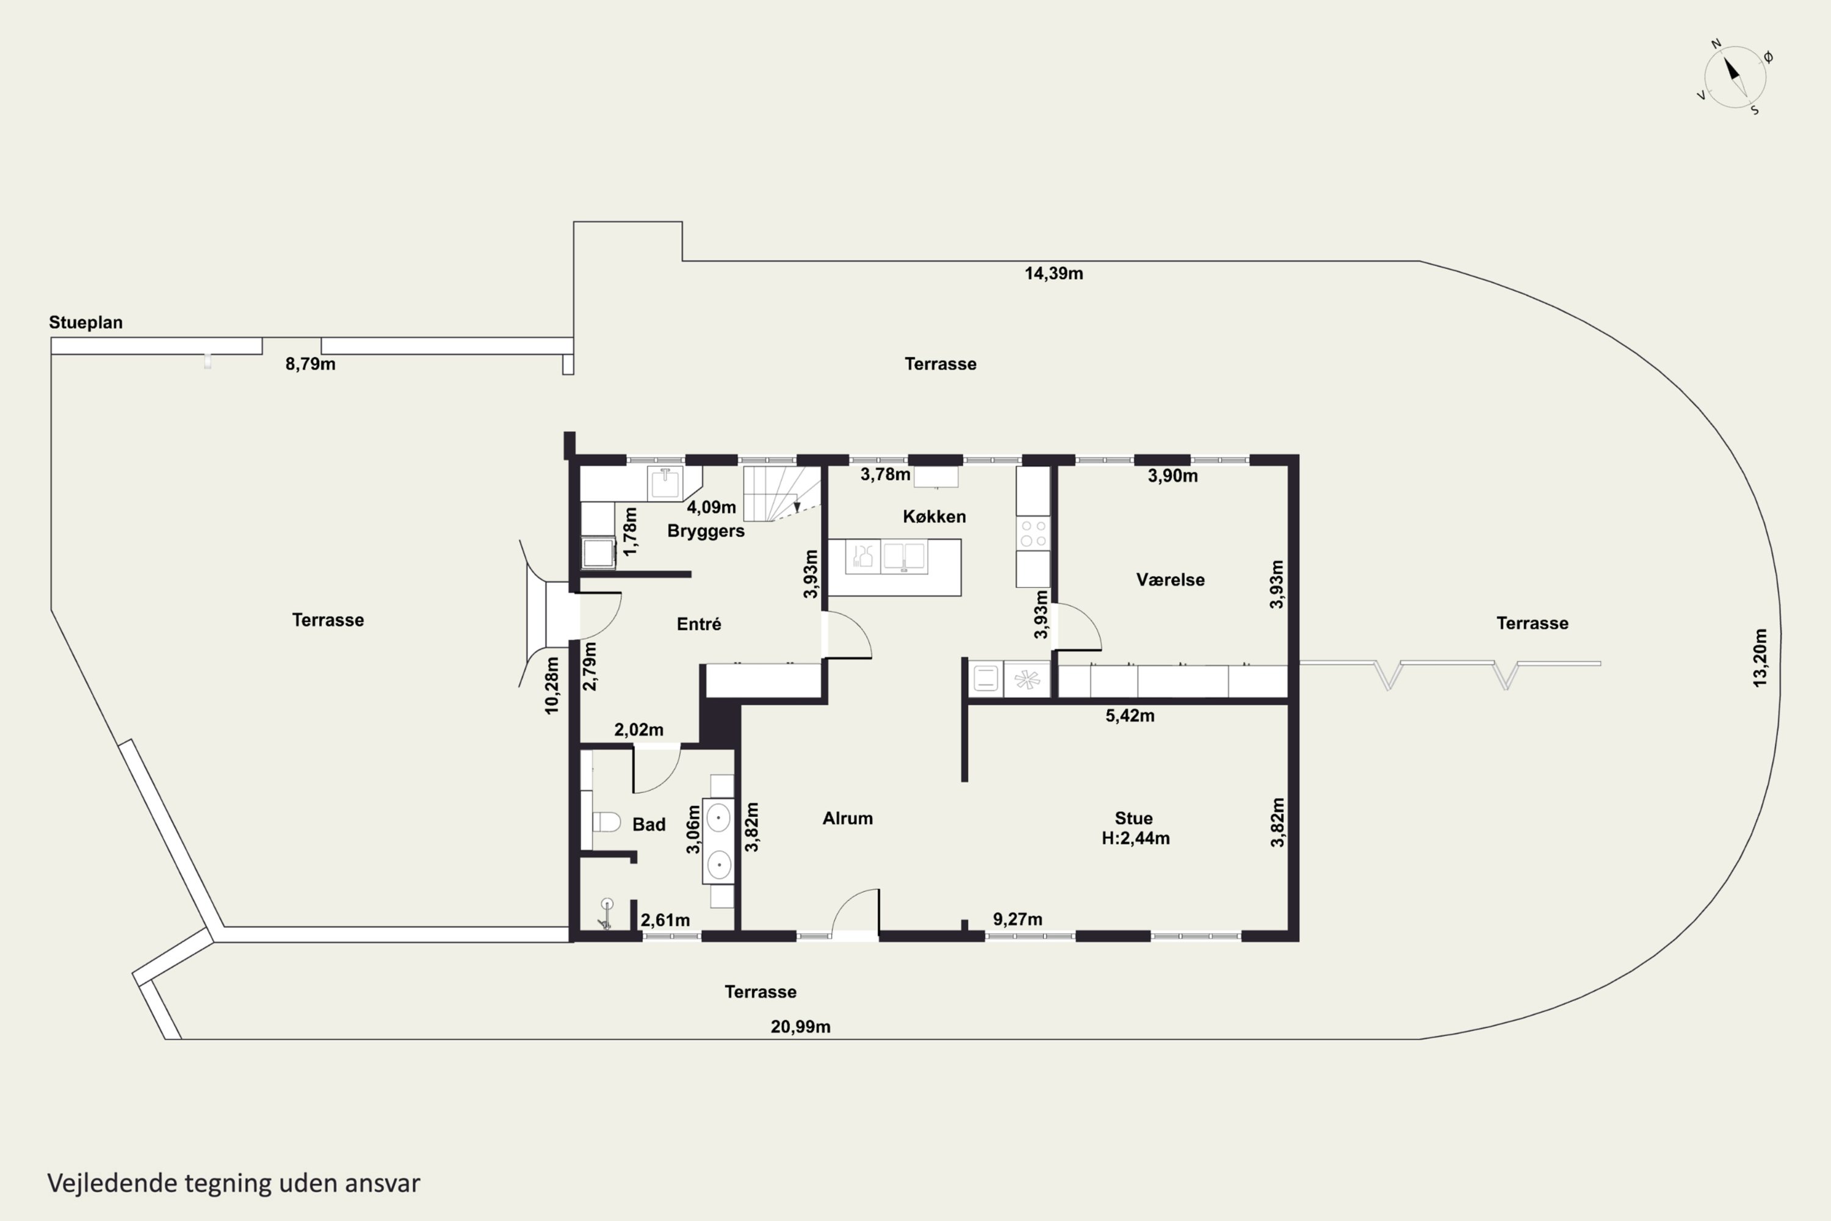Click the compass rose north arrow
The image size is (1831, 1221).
(1732, 70)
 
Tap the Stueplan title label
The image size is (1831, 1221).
(85, 322)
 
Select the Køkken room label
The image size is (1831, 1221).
(934, 516)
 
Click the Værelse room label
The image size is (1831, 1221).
(1170, 579)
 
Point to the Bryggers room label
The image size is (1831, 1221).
(706, 531)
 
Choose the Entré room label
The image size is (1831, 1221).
(699, 624)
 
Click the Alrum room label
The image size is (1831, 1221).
(848, 819)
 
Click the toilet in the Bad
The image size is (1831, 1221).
(605, 822)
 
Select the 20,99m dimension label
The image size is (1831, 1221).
(800, 1027)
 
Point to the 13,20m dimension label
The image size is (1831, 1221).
(1760, 658)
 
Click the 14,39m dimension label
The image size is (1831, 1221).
(1053, 274)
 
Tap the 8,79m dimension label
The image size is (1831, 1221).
(310, 364)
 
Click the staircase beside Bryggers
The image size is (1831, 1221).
(782, 494)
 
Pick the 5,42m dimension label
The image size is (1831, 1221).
(1130, 716)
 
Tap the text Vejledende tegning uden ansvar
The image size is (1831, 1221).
(234, 1184)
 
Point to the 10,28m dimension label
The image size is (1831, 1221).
(552, 685)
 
